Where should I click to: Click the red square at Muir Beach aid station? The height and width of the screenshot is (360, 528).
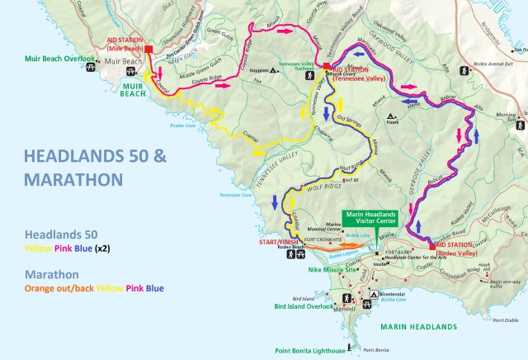pos(149,50)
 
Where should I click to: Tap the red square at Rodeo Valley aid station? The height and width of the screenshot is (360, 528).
pos(431,245)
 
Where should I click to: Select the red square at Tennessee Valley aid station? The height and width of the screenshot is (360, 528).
pos(327,65)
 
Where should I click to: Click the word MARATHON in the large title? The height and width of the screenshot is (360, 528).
pos(73,179)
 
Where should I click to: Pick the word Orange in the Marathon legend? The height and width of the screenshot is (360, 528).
pos(45,287)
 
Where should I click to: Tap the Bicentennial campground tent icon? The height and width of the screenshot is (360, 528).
pos(375,295)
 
